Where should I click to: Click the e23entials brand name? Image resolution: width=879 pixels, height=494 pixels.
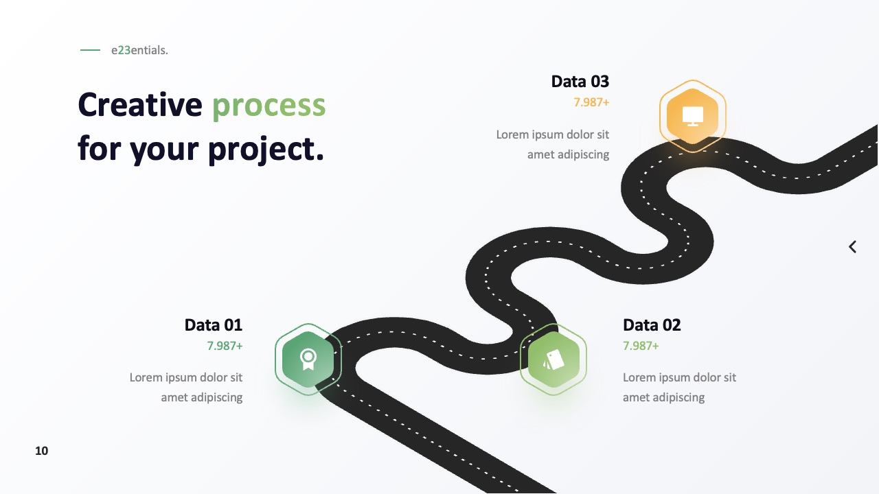click(x=139, y=50)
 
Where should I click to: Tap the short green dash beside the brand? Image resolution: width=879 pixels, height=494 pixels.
click(x=90, y=50)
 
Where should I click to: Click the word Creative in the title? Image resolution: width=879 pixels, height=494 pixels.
click(x=140, y=105)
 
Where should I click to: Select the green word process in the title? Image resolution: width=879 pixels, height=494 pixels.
click(x=269, y=106)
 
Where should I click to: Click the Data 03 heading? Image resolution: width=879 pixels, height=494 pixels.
click(x=580, y=82)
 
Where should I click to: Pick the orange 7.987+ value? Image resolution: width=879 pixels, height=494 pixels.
click(x=591, y=102)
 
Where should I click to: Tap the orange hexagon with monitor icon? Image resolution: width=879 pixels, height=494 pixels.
click(x=693, y=116)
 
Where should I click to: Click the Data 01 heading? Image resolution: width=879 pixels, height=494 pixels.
click(x=214, y=325)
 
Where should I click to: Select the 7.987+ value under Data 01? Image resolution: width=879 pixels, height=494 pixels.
click(x=225, y=346)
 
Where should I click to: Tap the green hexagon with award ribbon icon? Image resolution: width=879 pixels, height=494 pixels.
click(x=308, y=360)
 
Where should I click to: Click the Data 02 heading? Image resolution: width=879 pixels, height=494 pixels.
click(x=652, y=325)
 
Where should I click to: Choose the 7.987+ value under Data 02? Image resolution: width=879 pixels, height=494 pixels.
click(x=641, y=346)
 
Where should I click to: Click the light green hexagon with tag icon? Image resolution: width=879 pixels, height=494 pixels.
click(x=553, y=360)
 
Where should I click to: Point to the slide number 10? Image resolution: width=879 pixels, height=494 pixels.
click(x=42, y=451)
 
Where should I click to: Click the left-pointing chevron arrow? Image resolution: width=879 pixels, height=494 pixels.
click(x=852, y=247)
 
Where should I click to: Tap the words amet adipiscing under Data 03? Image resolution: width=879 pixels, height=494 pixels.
click(x=568, y=154)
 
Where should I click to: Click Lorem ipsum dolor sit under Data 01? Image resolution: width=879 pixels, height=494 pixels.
click(x=186, y=377)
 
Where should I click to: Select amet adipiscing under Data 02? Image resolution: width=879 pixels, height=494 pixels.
click(x=663, y=397)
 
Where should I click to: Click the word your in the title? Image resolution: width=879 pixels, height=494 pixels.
click(x=164, y=151)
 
